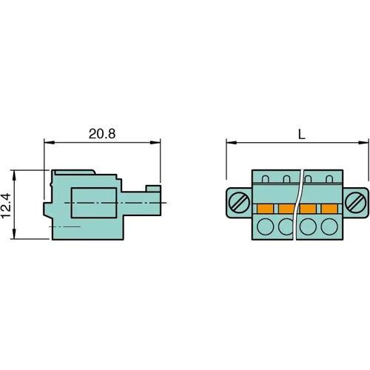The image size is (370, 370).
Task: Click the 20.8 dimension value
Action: [x=103, y=134]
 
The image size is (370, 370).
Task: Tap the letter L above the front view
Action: [x=300, y=134]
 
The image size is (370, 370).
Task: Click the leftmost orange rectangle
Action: [x=263, y=208]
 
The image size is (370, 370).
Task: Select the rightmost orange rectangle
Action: [x=330, y=208]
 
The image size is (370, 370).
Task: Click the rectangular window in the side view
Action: [x=92, y=201]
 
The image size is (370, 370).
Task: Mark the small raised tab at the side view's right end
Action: [x=153, y=189]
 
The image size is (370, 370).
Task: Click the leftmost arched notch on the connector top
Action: [x=265, y=179]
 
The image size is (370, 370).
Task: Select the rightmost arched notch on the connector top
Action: [x=330, y=179]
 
